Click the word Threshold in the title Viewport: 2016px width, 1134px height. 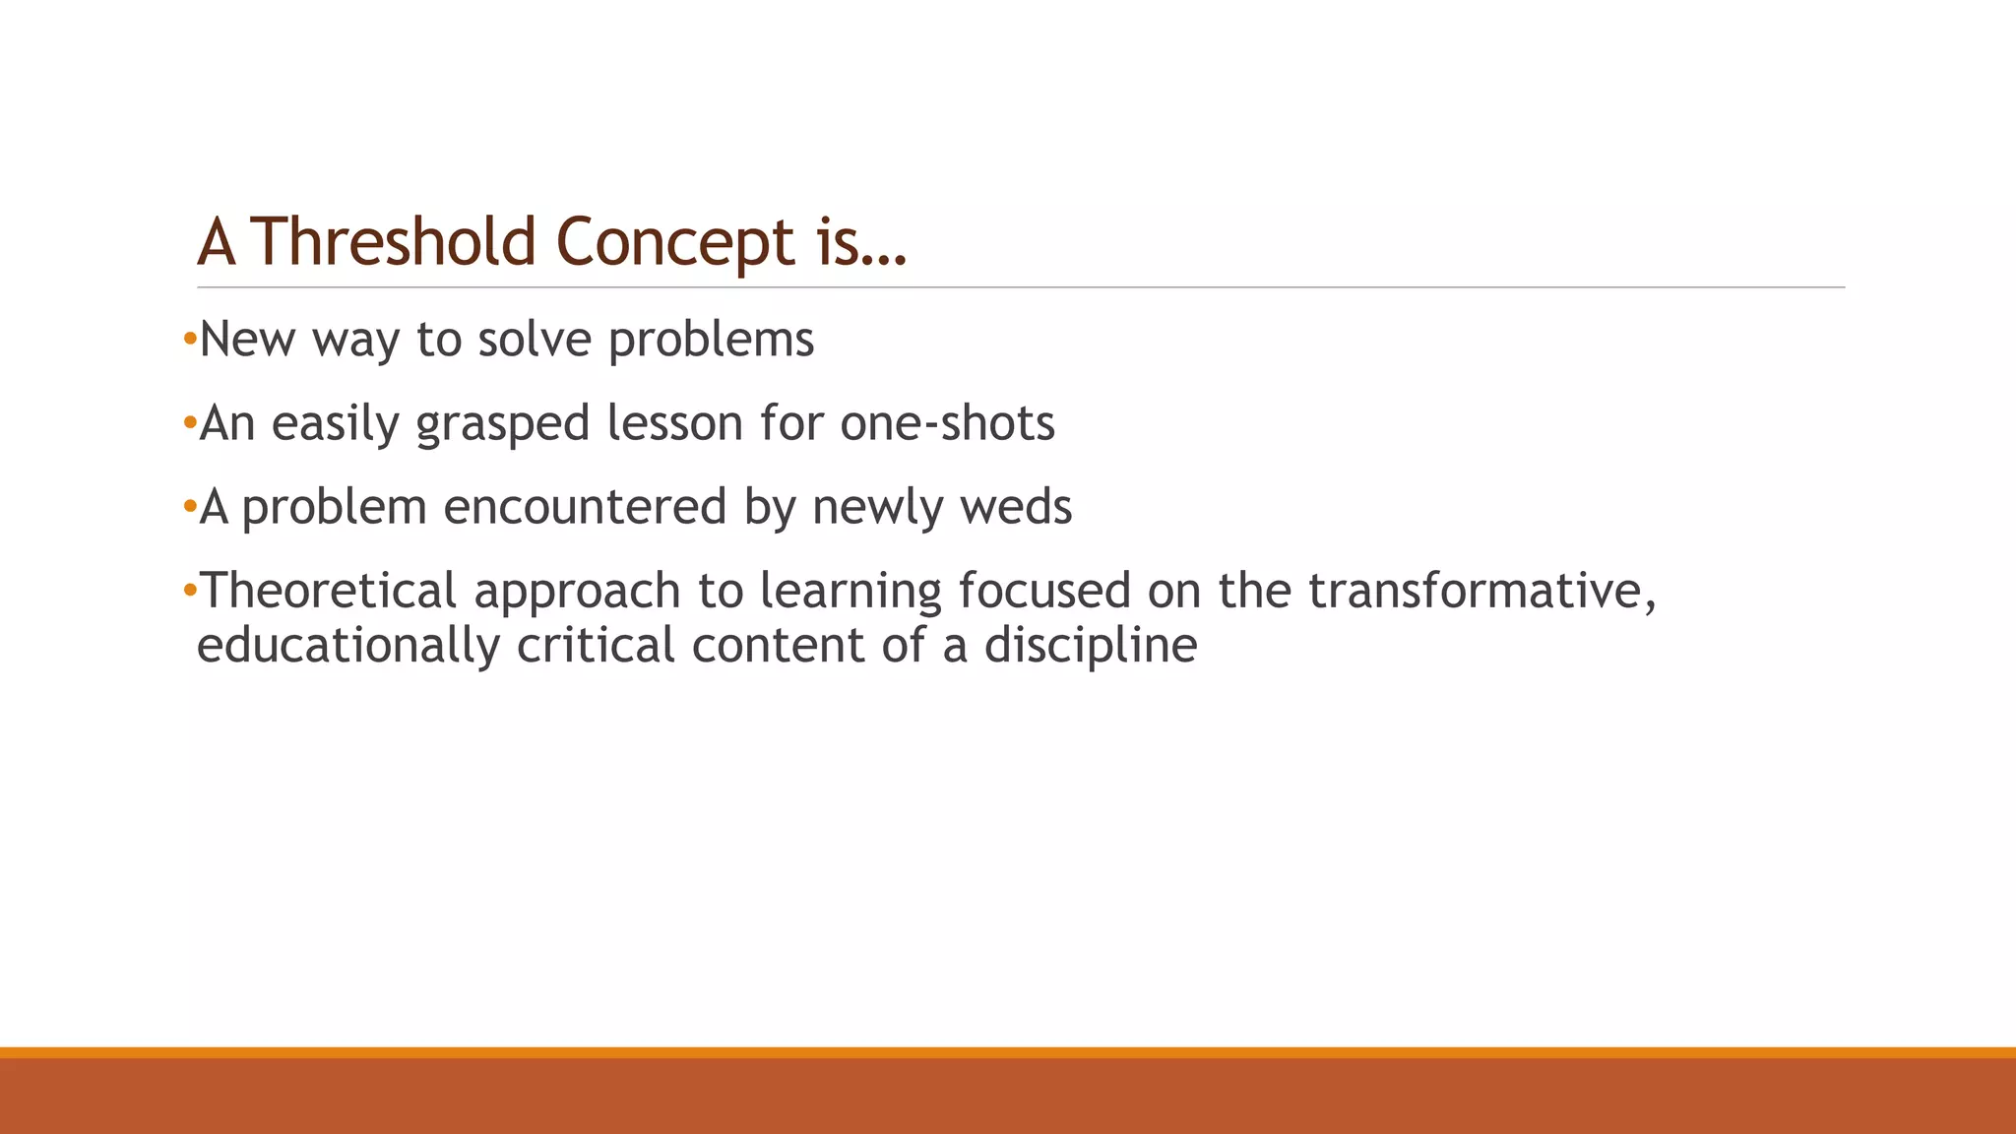[395, 242]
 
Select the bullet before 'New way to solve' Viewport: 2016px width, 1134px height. [190, 341]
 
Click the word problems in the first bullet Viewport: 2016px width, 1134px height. [711, 341]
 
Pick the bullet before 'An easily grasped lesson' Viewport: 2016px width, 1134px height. [190, 424]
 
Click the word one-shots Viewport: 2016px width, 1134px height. [947, 424]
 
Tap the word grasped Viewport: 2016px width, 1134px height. [502, 424]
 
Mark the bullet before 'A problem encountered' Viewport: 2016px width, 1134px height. [190, 508]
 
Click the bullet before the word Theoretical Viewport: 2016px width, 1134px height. [190, 591]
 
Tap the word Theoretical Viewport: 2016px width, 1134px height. [328, 591]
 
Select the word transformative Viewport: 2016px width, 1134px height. [1481, 591]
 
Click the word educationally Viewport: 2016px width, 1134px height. [348, 647]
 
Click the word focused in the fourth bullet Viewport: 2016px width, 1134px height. [1044, 591]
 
